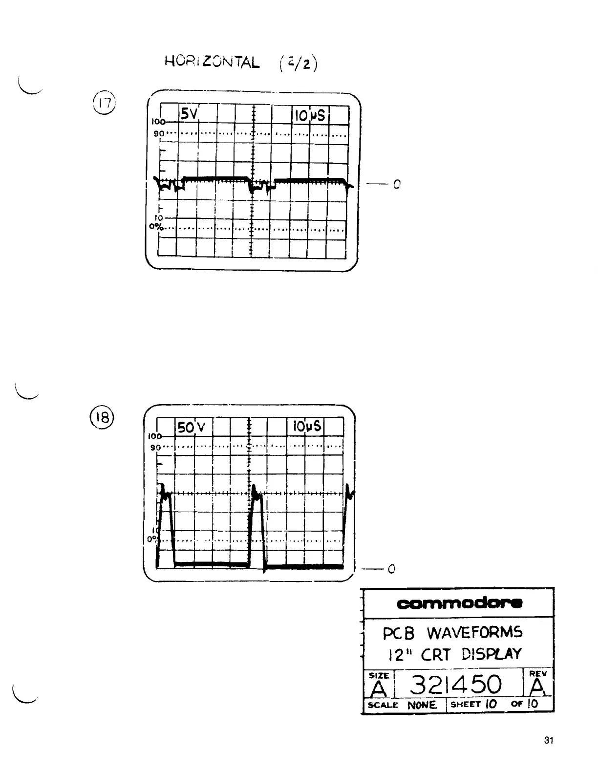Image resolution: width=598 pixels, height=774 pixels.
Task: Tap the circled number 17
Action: click(x=104, y=104)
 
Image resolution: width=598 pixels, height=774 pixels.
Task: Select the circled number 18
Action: click(x=102, y=419)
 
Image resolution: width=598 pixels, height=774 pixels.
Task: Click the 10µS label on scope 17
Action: click(x=310, y=115)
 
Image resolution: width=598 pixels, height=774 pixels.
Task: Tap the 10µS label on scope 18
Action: click(x=307, y=426)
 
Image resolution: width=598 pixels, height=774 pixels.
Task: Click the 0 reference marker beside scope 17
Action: click(x=397, y=185)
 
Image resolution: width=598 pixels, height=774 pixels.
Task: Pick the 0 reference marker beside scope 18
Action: click(x=391, y=569)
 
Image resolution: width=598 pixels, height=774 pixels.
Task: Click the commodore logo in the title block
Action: click(x=460, y=603)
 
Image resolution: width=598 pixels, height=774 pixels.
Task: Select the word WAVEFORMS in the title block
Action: click(x=474, y=633)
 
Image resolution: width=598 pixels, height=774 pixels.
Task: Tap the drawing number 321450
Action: click(x=456, y=685)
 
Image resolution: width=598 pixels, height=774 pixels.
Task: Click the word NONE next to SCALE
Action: click(x=422, y=705)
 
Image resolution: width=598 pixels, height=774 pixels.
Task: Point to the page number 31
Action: click(x=548, y=740)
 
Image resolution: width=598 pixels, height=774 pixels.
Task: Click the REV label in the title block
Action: click(x=538, y=673)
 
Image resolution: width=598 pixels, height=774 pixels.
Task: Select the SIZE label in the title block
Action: click(x=379, y=675)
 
